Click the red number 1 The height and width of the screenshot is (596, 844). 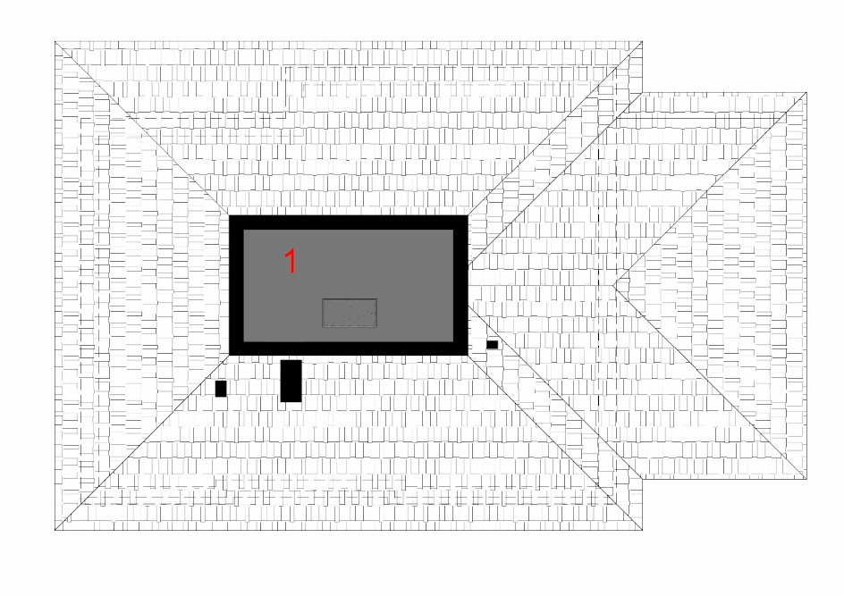[x=291, y=262]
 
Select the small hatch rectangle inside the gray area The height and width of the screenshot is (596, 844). [x=350, y=313]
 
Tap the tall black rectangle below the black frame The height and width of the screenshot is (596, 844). [x=291, y=381]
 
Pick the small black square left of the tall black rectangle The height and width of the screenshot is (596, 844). [x=221, y=389]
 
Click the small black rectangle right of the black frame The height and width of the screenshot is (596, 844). [x=492, y=345]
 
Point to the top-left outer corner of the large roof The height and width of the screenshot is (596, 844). [x=55, y=41]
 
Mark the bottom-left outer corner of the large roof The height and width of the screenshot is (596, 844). [x=55, y=530]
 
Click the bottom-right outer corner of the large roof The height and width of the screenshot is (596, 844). [x=643, y=530]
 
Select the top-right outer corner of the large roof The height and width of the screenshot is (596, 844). [x=643, y=41]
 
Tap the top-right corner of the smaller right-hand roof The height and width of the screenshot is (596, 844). [x=806, y=93]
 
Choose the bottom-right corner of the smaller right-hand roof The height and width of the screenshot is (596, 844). [x=806, y=479]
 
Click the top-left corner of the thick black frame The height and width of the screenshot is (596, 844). [x=229, y=215]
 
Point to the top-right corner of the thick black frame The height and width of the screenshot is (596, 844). [x=468, y=215]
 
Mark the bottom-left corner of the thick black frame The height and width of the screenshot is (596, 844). [x=229, y=355]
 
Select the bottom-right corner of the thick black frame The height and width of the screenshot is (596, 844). [x=468, y=355]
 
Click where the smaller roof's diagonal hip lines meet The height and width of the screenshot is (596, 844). [x=613, y=286]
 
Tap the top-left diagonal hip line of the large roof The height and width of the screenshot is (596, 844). [x=142, y=129]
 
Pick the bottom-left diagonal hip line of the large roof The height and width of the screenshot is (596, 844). [x=142, y=442]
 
